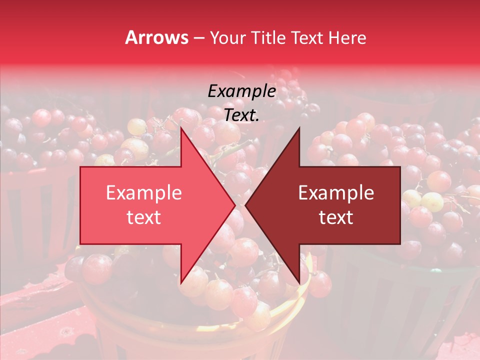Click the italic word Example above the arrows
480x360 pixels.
241,91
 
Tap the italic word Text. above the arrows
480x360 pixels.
241,115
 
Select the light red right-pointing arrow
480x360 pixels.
150,205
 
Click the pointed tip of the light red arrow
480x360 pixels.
234,205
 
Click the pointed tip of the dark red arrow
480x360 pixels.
246,205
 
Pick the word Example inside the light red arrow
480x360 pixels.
144,193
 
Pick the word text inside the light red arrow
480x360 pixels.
144,217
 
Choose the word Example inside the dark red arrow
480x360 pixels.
336,193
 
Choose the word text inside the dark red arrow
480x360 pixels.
336,217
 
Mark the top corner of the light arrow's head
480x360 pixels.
181,128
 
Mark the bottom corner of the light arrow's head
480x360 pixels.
181,283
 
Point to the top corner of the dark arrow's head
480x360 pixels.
299,128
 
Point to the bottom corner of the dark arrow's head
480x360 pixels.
299,283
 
